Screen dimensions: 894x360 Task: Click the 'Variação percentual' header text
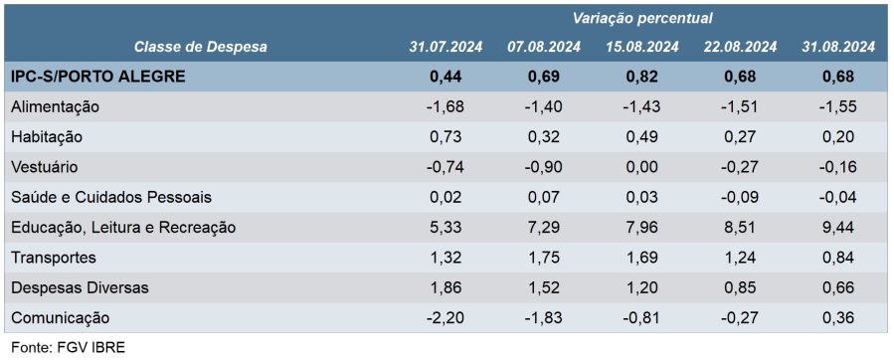point(642,18)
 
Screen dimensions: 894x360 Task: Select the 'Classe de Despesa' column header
point(200,47)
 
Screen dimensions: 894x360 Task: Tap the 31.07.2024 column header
point(446,47)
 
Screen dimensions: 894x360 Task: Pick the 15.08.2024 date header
point(642,47)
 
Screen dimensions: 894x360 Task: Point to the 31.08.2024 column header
point(838,47)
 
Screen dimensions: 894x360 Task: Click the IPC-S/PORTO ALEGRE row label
point(98,77)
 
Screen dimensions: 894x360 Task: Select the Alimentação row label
point(56,106)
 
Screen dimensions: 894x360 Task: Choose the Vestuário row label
point(44,168)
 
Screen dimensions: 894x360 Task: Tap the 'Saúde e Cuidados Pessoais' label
point(111,197)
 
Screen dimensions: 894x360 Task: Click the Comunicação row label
point(60,318)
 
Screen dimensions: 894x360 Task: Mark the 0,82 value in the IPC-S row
point(642,77)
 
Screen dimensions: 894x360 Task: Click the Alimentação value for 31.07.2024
point(446,106)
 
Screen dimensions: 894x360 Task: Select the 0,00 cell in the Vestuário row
point(642,168)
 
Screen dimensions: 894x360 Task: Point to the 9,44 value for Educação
point(838,228)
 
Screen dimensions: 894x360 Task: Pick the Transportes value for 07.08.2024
point(545,258)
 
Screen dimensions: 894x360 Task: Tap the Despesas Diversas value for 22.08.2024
point(740,288)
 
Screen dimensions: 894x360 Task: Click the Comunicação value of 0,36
point(838,318)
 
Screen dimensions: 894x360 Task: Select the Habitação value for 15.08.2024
point(642,137)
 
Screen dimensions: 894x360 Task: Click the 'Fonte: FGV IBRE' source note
point(68,347)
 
